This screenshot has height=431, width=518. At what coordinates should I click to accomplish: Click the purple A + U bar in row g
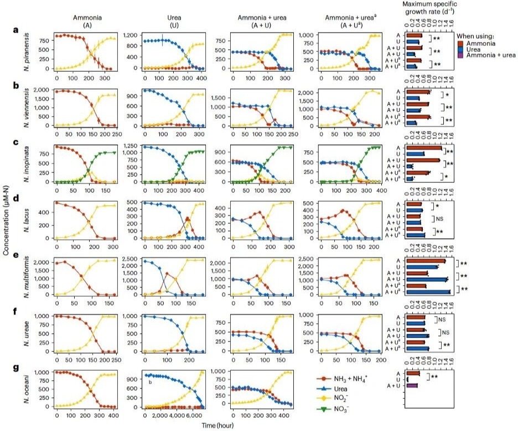(x=412, y=386)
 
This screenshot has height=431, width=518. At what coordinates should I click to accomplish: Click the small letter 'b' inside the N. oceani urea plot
(x=149, y=381)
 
